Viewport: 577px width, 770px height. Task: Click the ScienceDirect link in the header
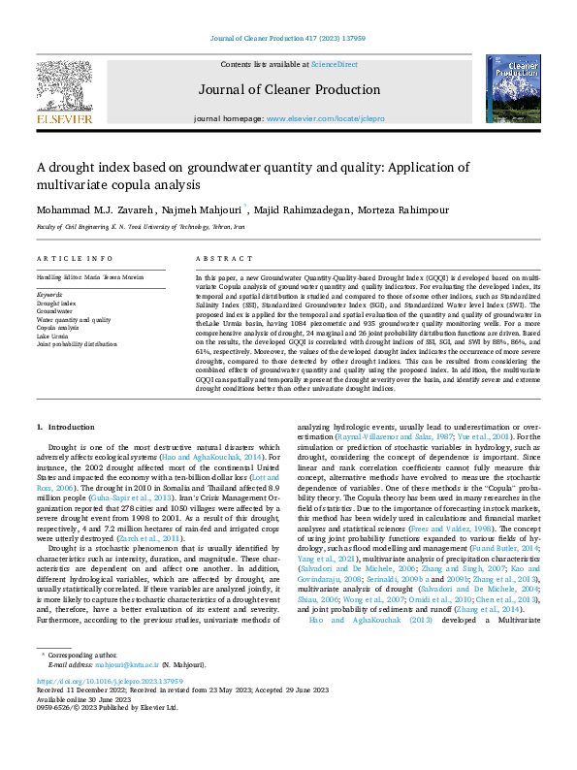click(x=334, y=64)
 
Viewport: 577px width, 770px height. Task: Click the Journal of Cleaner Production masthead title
click(x=288, y=90)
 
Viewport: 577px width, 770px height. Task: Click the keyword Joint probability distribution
click(x=77, y=343)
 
